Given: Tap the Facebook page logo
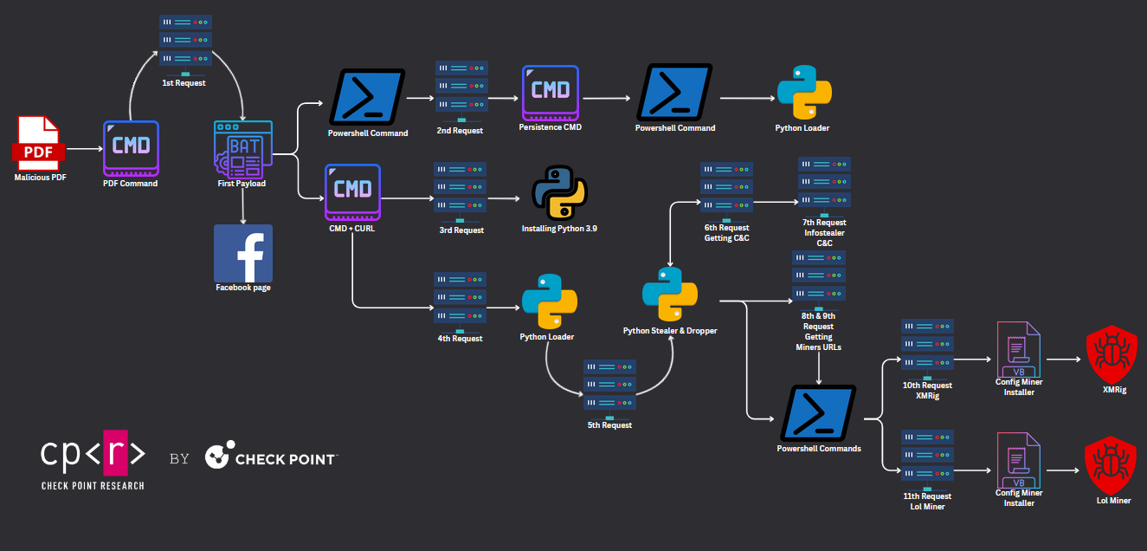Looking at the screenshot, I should (243, 253).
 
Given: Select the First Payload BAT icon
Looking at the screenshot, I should (243, 150).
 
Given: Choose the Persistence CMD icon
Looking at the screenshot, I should (551, 93).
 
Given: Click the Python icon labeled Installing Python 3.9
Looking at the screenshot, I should (559, 192).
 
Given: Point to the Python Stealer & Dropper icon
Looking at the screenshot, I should (670, 295).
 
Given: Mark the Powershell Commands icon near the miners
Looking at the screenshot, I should (818, 413).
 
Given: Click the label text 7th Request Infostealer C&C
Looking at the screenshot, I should (824, 233).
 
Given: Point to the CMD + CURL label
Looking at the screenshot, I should (353, 230).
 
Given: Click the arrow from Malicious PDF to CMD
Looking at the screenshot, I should (83, 149).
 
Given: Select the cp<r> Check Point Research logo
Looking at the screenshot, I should (93, 458).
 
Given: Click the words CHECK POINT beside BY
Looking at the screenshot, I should (286, 458).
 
